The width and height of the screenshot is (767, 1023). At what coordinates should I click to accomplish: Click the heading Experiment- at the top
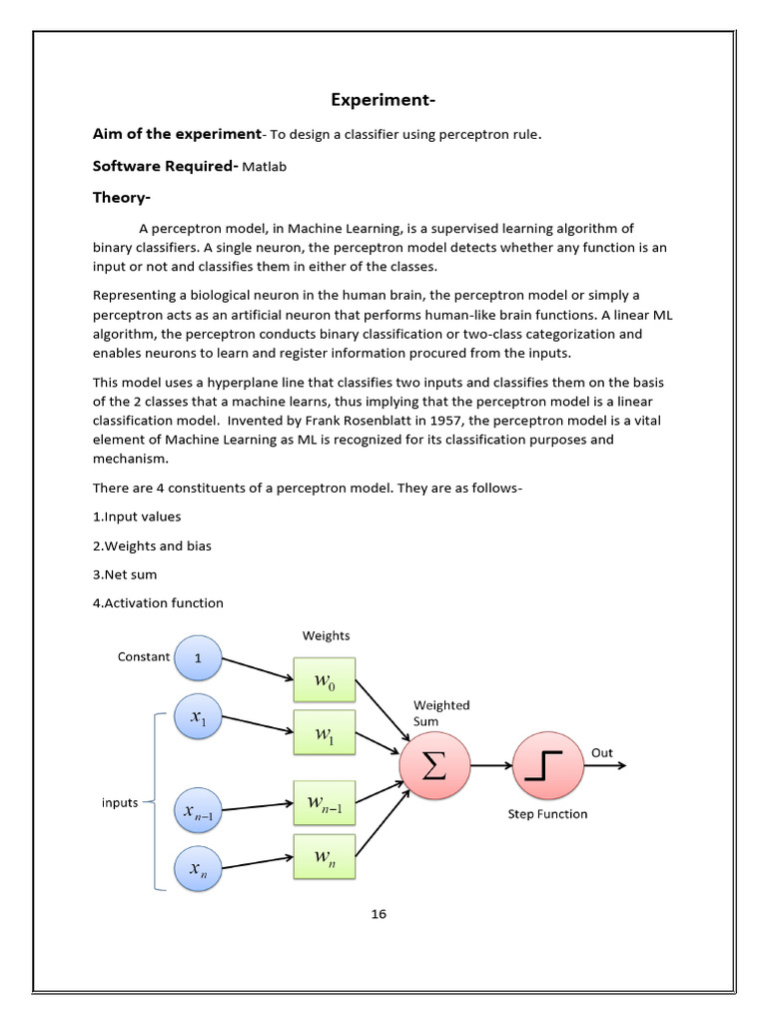383,100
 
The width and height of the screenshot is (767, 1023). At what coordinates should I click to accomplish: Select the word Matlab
264,167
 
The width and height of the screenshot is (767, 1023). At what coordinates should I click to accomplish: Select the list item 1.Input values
137,516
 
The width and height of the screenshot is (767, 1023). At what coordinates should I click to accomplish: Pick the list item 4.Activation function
158,602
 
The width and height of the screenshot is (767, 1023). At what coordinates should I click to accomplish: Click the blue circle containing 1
198,658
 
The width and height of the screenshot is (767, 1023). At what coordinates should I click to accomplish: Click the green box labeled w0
325,682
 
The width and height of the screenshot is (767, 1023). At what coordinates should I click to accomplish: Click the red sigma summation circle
434,766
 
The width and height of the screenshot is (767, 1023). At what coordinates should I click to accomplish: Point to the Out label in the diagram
602,752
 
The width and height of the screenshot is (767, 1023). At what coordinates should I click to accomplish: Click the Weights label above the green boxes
327,635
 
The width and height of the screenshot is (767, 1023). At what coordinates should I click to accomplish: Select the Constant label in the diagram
144,656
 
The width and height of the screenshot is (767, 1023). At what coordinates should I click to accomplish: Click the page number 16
379,913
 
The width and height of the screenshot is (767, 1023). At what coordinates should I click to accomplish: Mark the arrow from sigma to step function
489,766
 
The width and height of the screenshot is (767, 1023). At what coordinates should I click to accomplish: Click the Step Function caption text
547,813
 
